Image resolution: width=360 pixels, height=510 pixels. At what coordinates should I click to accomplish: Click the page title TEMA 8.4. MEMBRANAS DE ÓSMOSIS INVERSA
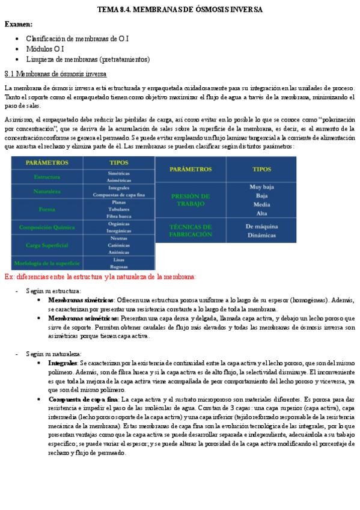[180, 10]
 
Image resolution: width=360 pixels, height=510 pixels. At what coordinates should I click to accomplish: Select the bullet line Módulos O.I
[45, 49]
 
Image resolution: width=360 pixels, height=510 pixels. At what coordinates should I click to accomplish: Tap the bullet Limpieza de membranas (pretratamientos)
[88, 59]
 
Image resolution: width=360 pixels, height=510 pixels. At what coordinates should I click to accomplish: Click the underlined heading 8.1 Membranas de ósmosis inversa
[55, 74]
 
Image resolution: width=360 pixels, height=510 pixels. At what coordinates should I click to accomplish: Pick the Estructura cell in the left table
[46, 177]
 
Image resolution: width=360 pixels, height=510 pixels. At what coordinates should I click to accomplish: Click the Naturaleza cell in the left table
[46, 191]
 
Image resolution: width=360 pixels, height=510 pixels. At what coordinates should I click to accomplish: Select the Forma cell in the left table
[46, 209]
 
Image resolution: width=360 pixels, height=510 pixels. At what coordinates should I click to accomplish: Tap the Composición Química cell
[46, 227]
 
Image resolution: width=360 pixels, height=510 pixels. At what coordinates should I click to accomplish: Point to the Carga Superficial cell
[46, 245]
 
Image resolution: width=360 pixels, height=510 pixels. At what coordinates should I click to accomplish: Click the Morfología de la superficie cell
[46, 263]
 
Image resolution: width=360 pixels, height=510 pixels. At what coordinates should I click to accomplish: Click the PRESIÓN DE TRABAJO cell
[190, 200]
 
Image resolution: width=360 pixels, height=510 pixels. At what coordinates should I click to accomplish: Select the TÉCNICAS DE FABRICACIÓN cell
[190, 231]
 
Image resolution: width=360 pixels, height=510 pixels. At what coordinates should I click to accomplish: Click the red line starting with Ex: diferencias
[100, 277]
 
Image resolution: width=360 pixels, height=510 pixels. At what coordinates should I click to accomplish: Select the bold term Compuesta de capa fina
[84, 399]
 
